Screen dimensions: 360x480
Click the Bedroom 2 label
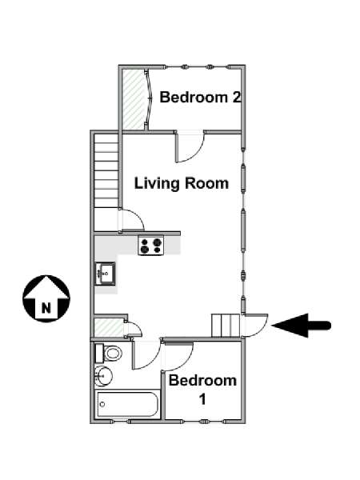[201, 98]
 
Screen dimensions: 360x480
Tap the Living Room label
[182, 184]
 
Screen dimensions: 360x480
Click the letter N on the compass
[46, 307]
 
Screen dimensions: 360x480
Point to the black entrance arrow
[301, 326]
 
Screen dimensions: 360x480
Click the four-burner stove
[151, 246]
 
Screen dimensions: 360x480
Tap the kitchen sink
[105, 274]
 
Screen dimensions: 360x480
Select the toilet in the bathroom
[109, 354]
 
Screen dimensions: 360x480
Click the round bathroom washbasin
[103, 376]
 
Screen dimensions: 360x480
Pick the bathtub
[128, 404]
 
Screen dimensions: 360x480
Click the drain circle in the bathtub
[102, 404]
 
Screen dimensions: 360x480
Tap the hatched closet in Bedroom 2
[133, 99]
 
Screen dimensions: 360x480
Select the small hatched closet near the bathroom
[108, 327]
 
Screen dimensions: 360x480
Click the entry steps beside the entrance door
[226, 326]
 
